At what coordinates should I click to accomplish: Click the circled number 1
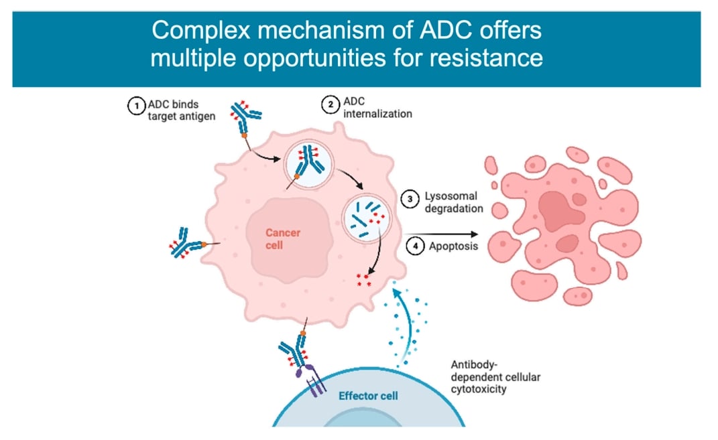point(136,105)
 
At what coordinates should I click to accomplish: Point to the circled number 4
point(416,246)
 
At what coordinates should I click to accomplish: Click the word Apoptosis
point(454,246)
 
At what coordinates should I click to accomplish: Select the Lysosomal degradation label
point(454,202)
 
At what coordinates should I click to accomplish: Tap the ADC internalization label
point(377,107)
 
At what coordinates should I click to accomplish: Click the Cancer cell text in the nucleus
point(283,239)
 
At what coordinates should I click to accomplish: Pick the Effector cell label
point(368,396)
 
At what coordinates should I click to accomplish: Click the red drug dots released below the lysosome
point(363,279)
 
